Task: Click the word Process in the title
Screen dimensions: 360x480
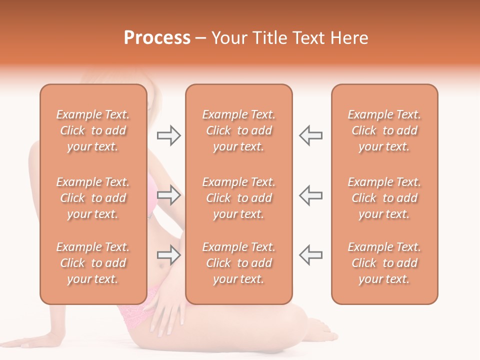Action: (x=157, y=38)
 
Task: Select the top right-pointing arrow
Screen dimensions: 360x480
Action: (x=168, y=135)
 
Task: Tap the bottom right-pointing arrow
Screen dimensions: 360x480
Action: (x=168, y=255)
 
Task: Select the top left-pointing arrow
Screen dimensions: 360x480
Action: (x=311, y=135)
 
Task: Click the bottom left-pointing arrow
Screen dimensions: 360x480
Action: (x=311, y=255)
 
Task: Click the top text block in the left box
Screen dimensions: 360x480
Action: (x=93, y=130)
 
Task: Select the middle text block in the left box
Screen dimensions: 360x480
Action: (x=93, y=198)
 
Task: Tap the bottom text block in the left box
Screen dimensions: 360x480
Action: (x=93, y=263)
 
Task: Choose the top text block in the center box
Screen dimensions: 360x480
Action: (x=238, y=130)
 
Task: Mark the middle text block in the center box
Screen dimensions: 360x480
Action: (x=238, y=198)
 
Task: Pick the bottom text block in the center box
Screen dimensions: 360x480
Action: (x=238, y=263)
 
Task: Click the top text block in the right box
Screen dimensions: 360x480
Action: (x=384, y=130)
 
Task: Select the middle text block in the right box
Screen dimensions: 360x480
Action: (x=384, y=198)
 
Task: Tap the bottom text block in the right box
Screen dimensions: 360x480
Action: (x=384, y=263)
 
